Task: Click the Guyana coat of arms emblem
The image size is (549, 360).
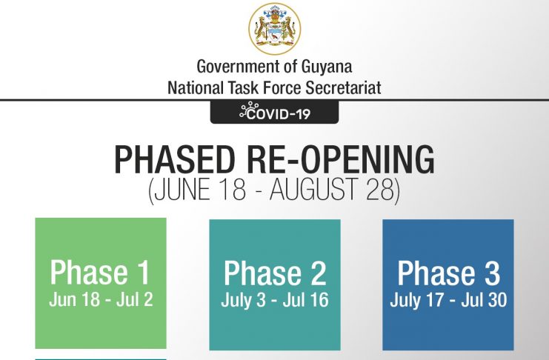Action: click(x=274, y=29)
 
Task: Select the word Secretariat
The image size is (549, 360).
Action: click(x=343, y=87)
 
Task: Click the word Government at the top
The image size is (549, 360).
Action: click(x=239, y=66)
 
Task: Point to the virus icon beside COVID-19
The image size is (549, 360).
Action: click(x=249, y=110)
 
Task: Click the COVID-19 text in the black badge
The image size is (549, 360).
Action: click(x=279, y=114)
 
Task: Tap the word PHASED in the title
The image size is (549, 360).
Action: click(x=174, y=160)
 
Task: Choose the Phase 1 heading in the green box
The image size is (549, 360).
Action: click(x=100, y=272)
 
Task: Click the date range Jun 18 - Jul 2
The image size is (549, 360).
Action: click(x=101, y=300)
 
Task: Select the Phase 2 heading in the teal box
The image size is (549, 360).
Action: click(x=275, y=273)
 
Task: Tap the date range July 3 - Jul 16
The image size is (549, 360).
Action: click(x=275, y=300)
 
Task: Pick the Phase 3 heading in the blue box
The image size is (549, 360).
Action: click(x=448, y=273)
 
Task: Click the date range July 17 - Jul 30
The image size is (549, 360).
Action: click(x=448, y=300)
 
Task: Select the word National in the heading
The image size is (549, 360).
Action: click(x=195, y=87)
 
